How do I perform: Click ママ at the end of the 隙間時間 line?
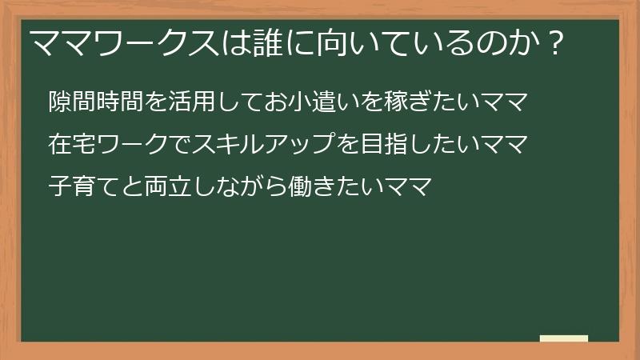tap(504, 103)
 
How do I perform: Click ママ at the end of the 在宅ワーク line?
tap(504, 146)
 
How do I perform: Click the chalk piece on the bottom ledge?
tap(564, 338)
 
